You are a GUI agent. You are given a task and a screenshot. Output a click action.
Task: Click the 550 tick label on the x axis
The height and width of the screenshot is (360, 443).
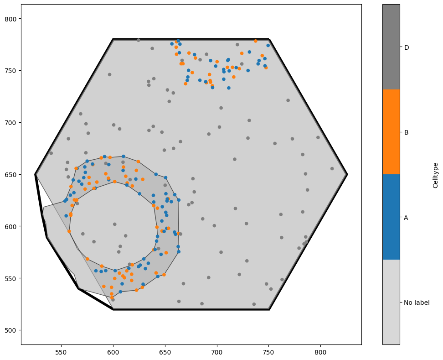pyautogui.click(x=61, y=353)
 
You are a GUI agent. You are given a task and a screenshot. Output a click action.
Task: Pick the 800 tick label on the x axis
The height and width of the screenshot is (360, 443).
pyautogui.click(x=320, y=353)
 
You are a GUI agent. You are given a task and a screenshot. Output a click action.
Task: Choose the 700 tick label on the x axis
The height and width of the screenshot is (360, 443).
pyautogui.click(x=217, y=353)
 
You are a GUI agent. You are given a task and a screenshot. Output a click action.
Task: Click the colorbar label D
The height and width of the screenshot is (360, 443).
pyautogui.click(x=406, y=47)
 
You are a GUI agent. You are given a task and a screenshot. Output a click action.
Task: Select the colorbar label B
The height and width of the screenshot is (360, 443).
pyautogui.click(x=406, y=132)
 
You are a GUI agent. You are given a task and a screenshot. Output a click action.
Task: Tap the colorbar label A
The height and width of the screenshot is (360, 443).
pyautogui.click(x=406, y=218)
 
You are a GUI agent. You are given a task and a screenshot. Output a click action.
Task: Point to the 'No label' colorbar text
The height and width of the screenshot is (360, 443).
pyautogui.click(x=417, y=303)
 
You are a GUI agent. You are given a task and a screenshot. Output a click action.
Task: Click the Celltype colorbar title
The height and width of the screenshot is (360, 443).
pyautogui.click(x=436, y=175)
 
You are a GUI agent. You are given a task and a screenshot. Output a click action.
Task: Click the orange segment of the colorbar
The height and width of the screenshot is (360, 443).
pyautogui.click(x=391, y=132)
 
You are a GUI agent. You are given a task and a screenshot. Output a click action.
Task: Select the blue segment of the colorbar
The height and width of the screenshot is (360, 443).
pyautogui.click(x=391, y=217)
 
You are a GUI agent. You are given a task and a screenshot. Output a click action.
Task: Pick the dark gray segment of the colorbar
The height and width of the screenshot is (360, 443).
pyautogui.click(x=391, y=47)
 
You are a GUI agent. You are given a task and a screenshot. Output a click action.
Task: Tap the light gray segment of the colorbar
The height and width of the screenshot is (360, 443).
pyautogui.click(x=391, y=302)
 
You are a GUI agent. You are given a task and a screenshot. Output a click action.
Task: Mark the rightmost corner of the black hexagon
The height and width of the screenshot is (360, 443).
pyautogui.click(x=347, y=174)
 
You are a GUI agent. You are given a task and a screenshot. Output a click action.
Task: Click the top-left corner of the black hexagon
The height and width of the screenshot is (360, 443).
pyautogui.click(x=113, y=39)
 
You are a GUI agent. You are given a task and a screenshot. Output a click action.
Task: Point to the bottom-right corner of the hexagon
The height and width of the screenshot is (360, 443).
pyautogui.click(x=269, y=309)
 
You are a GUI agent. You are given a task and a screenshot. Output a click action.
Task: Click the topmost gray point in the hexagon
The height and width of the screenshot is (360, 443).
pyautogui.click(x=139, y=40)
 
